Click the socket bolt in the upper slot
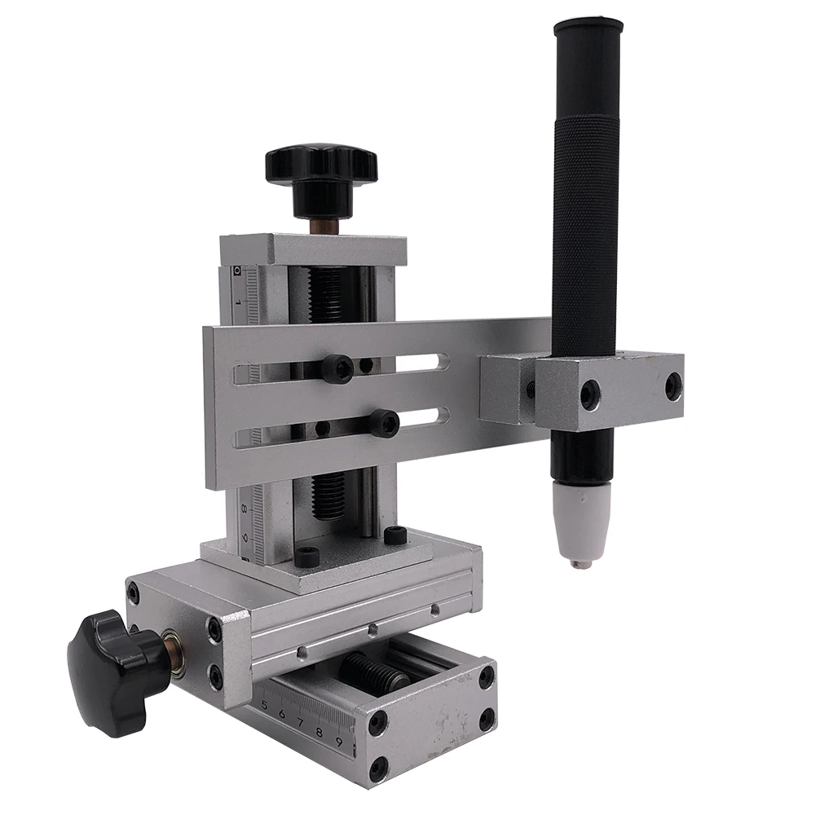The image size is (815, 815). click(x=337, y=369)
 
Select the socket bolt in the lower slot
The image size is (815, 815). click(x=383, y=423)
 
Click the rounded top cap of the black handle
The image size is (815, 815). click(x=588, y=27)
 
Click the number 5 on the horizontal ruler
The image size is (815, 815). click(x=264, y=705)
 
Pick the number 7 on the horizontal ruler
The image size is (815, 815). click(x=300, y=722)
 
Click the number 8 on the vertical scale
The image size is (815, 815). click(x=244, y=508)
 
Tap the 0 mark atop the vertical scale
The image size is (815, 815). click(x=236, y=270)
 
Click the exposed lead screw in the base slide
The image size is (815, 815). click(x=371, y=672)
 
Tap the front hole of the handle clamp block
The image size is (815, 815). click(x=589, y=394)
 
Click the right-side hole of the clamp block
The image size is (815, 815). click(x=673, y=386)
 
